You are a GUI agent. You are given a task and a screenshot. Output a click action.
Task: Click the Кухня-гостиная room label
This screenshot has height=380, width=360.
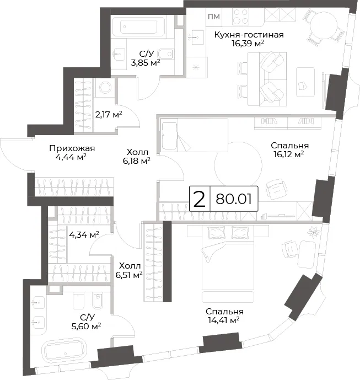[x=249, y=35]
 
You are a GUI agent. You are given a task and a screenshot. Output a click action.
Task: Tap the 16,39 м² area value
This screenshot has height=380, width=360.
[x=248, y=44]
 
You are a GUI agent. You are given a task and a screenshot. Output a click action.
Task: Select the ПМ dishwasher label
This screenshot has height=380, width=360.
[x=214, y=17]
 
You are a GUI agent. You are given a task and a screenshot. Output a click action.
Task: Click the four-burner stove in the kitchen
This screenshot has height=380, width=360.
[x=241, y=17]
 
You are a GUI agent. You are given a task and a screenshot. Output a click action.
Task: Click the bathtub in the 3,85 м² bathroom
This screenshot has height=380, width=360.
[x=139, y=26]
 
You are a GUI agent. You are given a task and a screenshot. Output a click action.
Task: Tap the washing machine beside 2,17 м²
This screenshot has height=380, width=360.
[x=105, y=87]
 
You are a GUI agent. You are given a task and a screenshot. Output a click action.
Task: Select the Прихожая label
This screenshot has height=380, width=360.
[x=72, y=148]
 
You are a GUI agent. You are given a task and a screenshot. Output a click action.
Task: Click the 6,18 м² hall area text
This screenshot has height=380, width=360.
[x=137, y=160]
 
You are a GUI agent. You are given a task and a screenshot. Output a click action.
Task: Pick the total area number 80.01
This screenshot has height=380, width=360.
[x=234, y=199]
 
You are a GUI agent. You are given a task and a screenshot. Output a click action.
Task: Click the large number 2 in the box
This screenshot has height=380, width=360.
[x=200, y=199]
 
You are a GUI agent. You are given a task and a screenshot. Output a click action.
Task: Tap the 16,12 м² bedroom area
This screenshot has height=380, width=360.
[x=289, y=154]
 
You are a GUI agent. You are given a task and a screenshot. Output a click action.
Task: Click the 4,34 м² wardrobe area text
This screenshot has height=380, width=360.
[x=84, y=234]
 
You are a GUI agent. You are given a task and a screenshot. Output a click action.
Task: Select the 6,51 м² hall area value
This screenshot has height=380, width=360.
[x=129, y=275]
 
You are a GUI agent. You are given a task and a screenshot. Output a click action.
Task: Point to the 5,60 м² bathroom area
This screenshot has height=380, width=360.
[x=86, y=326]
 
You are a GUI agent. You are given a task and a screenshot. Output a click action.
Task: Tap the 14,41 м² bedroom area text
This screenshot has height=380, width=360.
[x=224, y=320]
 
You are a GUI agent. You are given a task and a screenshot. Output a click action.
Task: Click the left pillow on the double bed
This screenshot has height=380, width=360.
[x=217, y=233]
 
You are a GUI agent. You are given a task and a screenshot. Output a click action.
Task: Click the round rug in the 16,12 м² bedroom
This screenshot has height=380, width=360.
[x=238, y=166]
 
